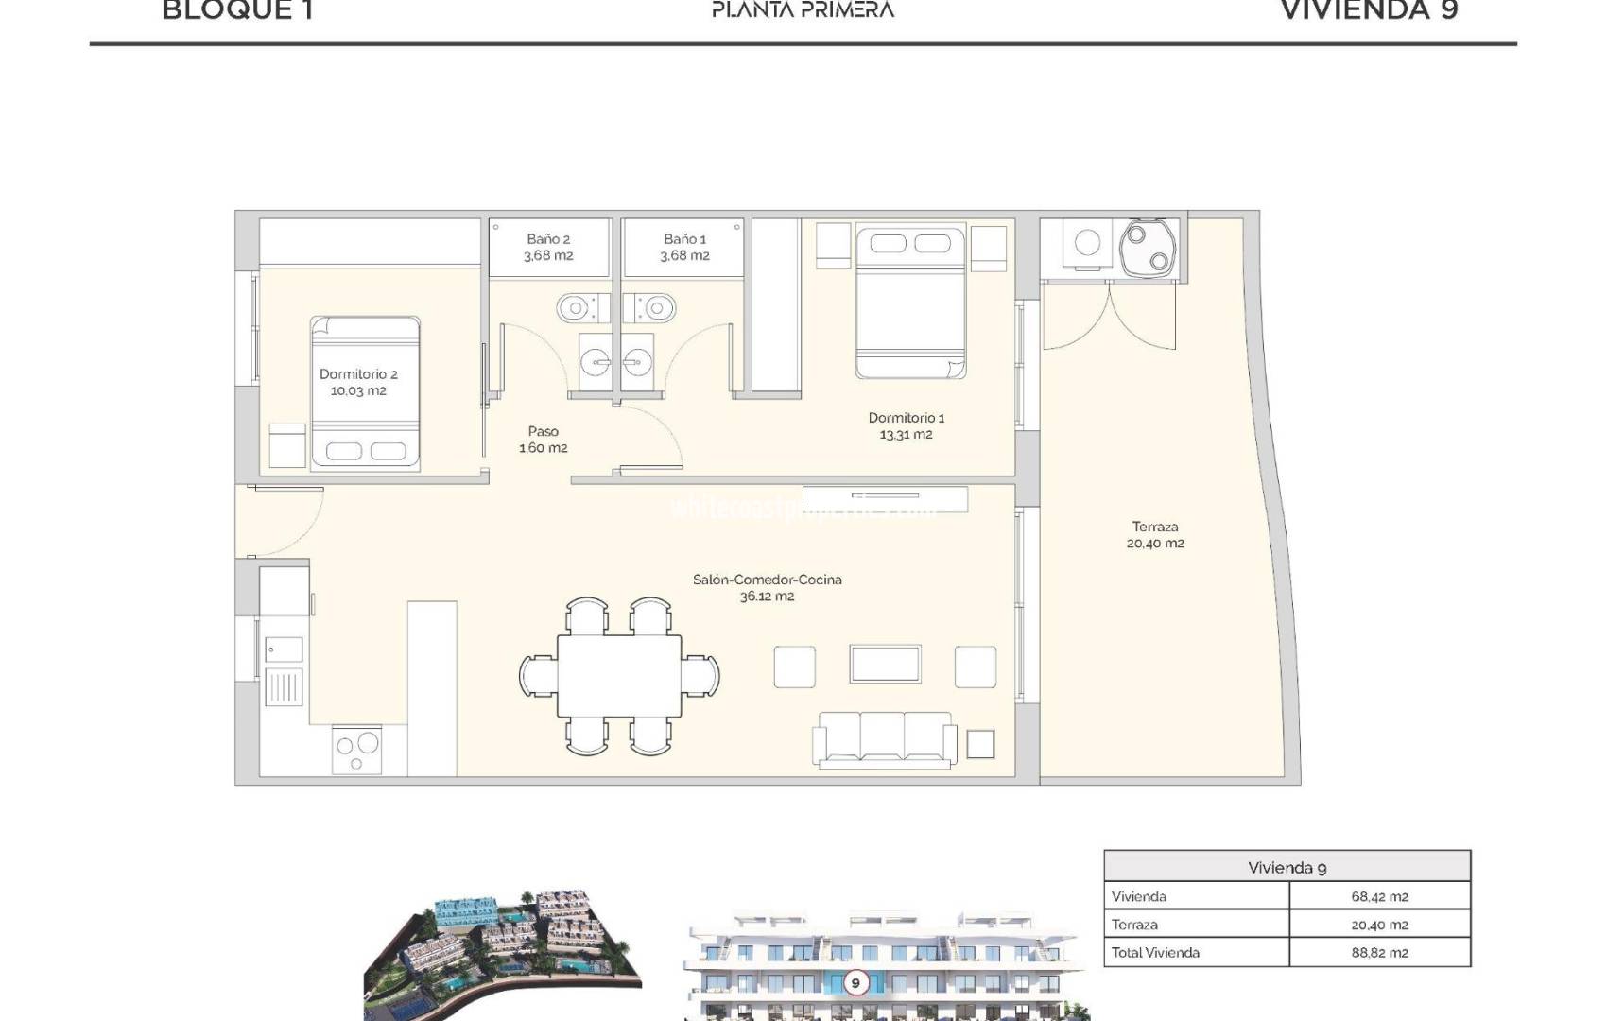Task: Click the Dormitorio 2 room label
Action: coord(358,383)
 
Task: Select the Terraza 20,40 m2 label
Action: coord(1154,535)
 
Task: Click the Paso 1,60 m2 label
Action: coord(544,440)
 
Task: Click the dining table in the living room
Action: coord(619,677)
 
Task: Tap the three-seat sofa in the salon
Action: coord(885,737)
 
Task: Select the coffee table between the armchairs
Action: coord(885,664)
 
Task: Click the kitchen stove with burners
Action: coord(356,751)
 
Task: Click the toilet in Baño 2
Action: coord(576,308)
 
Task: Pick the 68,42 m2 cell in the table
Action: coord(1379,896)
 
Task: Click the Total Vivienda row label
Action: coord(1155,952)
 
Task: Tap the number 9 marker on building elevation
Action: coord(855,983)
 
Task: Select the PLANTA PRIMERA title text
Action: coord(803,11)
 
